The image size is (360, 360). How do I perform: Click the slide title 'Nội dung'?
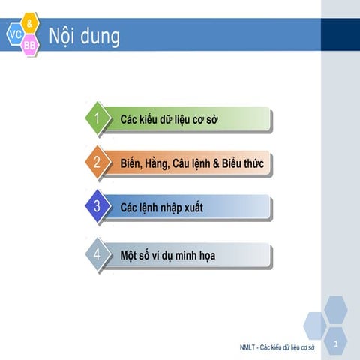[83, 35]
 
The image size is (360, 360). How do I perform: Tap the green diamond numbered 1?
[96, 118]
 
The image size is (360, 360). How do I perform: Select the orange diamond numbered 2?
[96, 162]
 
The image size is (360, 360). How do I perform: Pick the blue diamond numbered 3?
[96, 206]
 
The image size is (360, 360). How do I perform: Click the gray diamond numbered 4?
[96, 253]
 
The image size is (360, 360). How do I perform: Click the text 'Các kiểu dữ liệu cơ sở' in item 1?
[169, 119]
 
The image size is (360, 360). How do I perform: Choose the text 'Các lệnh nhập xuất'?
[162, 207]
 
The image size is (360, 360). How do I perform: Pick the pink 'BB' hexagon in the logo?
[29, 46]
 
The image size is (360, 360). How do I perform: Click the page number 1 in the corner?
[336, 344]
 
